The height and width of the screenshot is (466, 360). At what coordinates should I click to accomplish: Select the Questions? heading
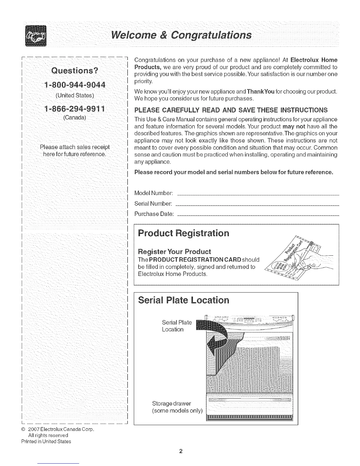coord(74,71)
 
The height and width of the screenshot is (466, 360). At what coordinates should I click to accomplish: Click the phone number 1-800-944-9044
coord(74,85)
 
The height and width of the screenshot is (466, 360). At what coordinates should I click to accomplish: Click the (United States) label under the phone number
coord(74,95)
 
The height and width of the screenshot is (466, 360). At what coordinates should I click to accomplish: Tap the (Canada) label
coord(74,118)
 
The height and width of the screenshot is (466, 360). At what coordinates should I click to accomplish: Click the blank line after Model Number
coord(259,195)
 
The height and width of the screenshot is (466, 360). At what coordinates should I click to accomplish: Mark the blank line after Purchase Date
coord(259,215)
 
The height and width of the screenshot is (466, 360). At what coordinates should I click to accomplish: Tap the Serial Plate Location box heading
coord(183,300)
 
